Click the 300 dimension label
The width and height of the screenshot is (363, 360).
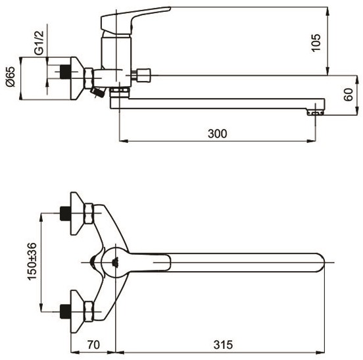tap(218, 134)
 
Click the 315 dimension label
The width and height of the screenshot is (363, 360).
tap(223, 344)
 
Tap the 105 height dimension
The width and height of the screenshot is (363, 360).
tap(316, 43)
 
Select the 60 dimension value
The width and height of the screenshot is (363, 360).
tap(348, 94)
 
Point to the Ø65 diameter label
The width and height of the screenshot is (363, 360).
tap(11, 76)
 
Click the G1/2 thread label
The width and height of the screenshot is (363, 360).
tap(39, 43)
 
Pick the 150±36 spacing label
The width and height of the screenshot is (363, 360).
tap(32, 261)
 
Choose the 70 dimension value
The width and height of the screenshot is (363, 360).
tap(93, 344)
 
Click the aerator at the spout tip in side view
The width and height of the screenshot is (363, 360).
tap(316, 113)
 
